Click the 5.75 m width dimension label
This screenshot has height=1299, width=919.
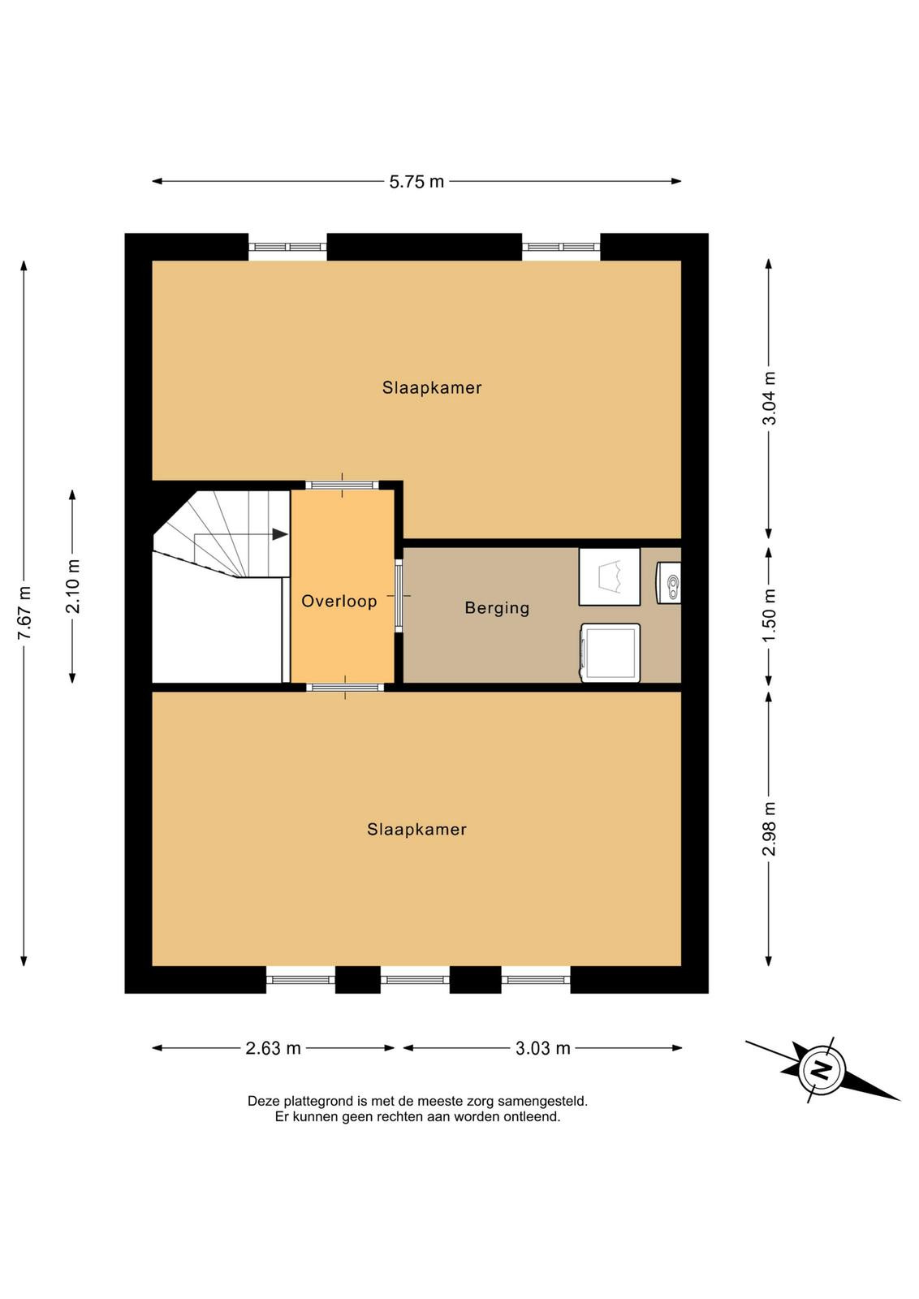pos(416,182)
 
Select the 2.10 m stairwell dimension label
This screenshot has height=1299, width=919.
pos(73,586)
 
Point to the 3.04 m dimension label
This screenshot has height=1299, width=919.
pos(769,398)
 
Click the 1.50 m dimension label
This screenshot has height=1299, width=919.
pos(769,616)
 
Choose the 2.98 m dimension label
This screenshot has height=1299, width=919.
pos(769,828)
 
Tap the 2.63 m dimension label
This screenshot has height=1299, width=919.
pos(273,1048)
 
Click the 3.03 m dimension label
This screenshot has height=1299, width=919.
pos(542,1048)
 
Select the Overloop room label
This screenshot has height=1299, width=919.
pos(339,601)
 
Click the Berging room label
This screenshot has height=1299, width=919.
pos(497,608)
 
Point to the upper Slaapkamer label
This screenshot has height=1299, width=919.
pos(432,387)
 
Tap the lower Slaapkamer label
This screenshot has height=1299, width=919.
pos(417,829)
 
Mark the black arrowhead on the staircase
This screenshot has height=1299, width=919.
pos(280,534)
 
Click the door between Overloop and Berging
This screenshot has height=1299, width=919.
pos(399,595)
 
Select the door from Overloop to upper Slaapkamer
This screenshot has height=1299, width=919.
pos(342,485)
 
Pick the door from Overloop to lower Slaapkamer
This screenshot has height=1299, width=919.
pos(345,687)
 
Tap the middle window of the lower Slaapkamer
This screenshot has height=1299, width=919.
pos(415,980)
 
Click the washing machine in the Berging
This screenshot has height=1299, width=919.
pos(610,653)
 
